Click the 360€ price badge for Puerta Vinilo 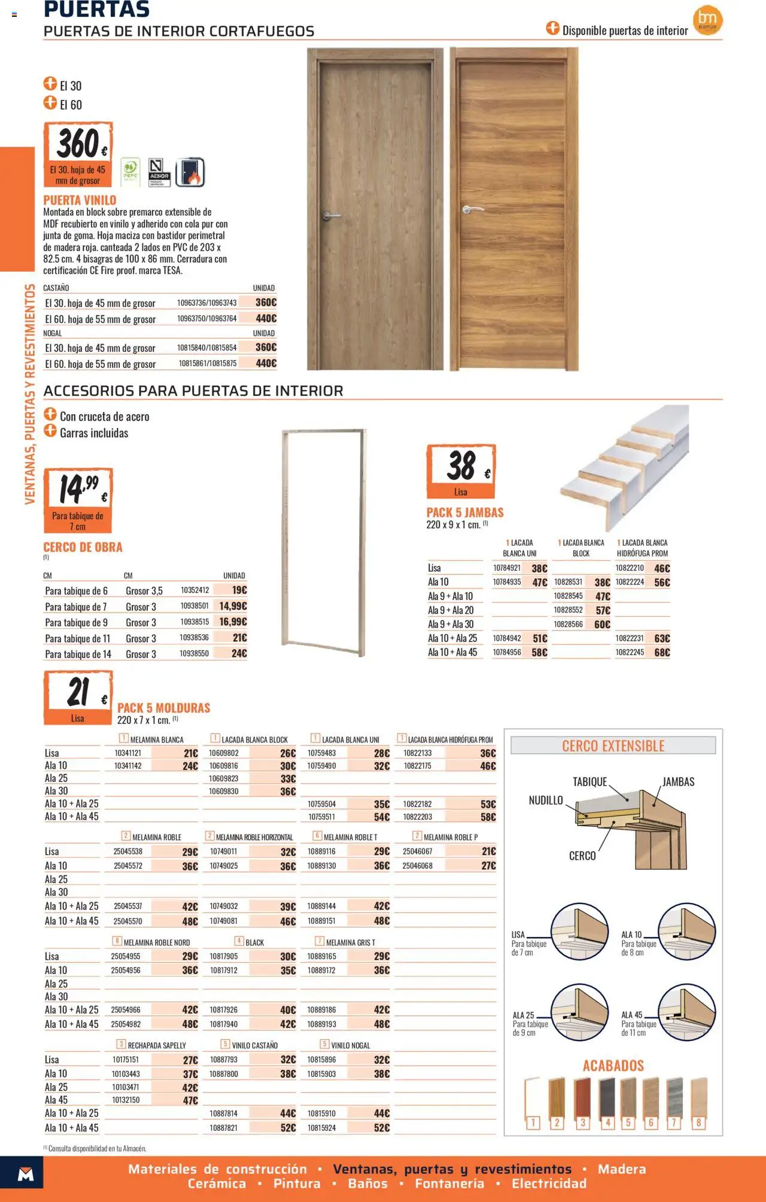(78, 154)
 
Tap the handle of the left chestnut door (331, 215)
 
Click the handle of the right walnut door (472, 209)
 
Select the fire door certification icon (190, 173)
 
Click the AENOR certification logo (159, 172)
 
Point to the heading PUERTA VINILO (80, 200)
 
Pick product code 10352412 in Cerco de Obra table (194, 590)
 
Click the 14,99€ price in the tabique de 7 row (233, 606)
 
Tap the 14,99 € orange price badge (78, 500)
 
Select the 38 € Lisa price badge (461, 471)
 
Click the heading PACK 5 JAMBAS (465, 513)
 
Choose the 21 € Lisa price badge (78, 698)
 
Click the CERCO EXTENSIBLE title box (613, 745)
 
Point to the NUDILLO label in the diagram (546, 801)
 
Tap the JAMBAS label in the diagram (678, 782)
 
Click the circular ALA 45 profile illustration (687, 1013)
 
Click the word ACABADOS (613, 1066)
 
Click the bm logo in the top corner (708, 20)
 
